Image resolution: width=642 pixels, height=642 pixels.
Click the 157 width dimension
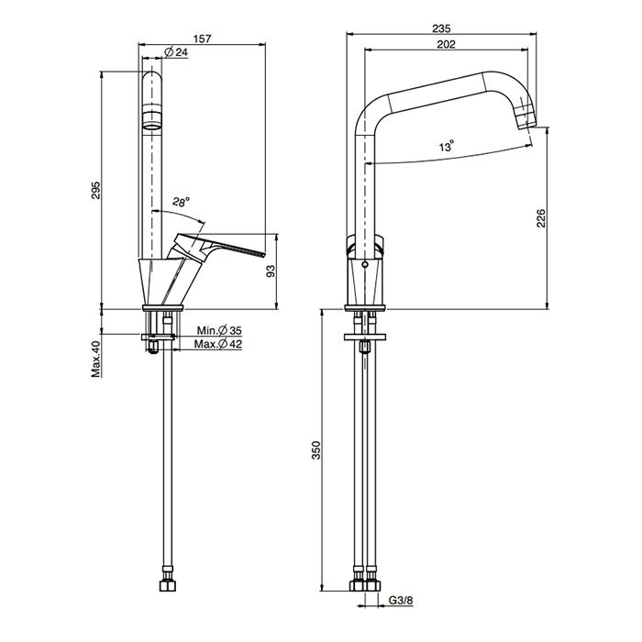click(203, 39)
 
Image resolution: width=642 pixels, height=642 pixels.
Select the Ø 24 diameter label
click(176, 52)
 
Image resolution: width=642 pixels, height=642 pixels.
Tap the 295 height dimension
click(95, 190)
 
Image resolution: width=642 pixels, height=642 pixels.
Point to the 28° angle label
click(181, 202)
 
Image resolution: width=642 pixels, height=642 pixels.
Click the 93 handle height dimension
click(271, 271)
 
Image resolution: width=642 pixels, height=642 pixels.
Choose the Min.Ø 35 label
click(219, 330)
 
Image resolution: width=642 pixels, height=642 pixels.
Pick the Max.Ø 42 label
click(218, 344)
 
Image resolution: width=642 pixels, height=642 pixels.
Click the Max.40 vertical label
click(95, 359)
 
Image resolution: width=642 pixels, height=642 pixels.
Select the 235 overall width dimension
click(441, 28)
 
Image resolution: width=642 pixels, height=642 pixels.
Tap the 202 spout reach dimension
click(446, 44)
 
